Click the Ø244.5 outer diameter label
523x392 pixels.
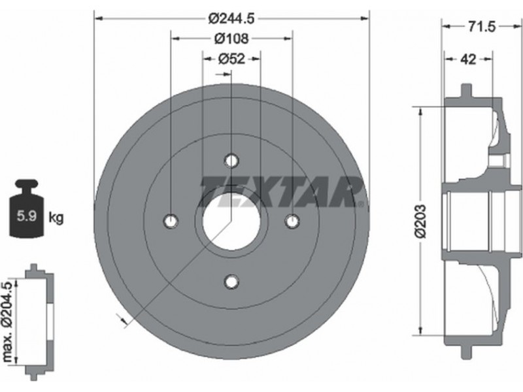coord(231,19)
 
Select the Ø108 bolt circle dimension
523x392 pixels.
coord(231,39)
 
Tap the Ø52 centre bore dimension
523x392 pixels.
coord(232,59)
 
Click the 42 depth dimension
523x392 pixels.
coord(468,59)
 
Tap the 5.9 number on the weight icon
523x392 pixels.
coord(27,216)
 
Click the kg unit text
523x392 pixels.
coord(56,218)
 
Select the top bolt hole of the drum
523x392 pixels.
coord(231,161)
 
